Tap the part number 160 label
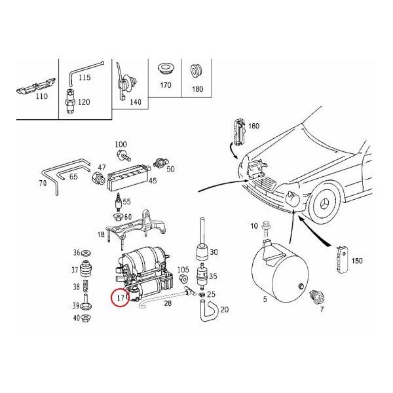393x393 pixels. pos(253,126)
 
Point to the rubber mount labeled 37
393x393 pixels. pos(86,269)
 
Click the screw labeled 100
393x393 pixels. pos(122,155)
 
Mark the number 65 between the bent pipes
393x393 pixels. pos(74,178)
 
